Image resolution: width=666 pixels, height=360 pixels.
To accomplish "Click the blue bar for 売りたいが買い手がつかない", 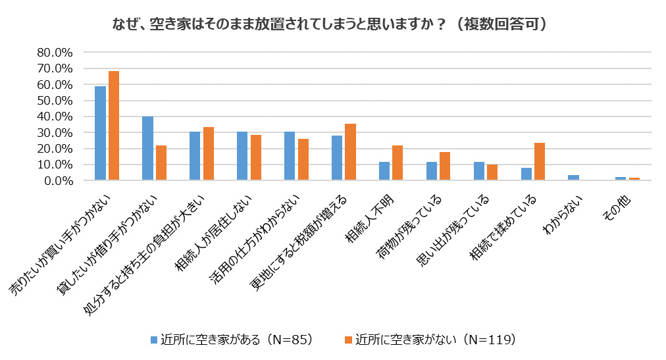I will click(x=100, y=133).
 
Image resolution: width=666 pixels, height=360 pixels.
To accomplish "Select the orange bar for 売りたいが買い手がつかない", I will click(x=114, y=126).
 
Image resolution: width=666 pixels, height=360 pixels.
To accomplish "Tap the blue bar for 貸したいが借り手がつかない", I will click(x=147, y=148).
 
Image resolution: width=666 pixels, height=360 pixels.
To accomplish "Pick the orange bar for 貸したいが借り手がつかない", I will click(x=161, y=163).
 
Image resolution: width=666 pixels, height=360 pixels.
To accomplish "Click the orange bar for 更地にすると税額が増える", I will click(x=351, y=152).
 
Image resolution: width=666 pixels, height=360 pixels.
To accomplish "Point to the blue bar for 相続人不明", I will click(x=384, y=171).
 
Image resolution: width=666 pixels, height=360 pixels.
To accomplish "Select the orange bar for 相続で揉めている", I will click(x=540, y=161).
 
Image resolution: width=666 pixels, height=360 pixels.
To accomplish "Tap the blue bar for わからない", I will click(x=573, y=178).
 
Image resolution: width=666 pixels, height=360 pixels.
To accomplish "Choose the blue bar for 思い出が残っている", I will click(x=478, y=171).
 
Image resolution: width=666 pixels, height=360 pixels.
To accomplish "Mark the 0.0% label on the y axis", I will click(x=59, y=180).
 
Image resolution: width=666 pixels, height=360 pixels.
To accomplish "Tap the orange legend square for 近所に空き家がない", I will click(x=348, y=340).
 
